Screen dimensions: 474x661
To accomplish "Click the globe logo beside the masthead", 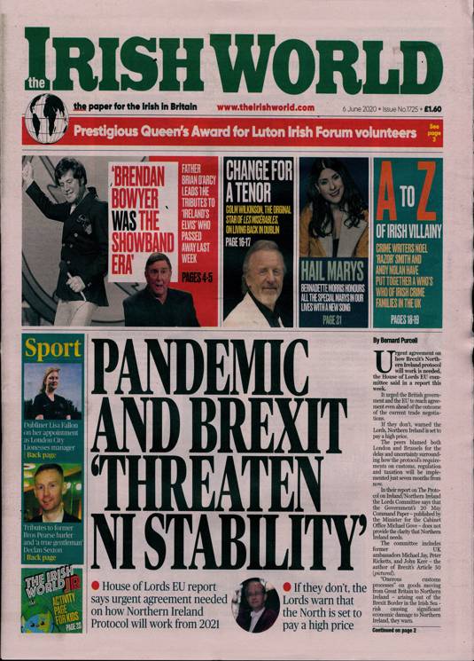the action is click(47, 116).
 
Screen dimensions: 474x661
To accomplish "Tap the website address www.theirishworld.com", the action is click(265, 107).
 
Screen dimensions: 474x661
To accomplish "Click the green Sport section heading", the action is click(52, 349).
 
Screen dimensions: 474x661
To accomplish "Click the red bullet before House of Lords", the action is click(95, 587).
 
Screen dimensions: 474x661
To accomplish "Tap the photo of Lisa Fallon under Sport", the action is click(52, 391).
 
